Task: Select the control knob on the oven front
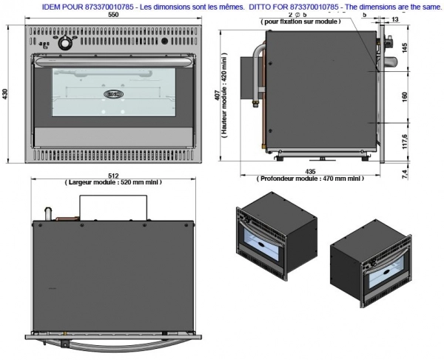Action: point(64,41)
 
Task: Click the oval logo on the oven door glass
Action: point(115,93)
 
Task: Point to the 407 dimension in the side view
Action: point(215,97)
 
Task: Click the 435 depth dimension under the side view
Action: point(310,171)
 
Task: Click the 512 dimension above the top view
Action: point(113,175)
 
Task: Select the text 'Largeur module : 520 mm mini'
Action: point(113,181)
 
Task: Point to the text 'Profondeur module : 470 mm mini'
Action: point(310,179)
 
